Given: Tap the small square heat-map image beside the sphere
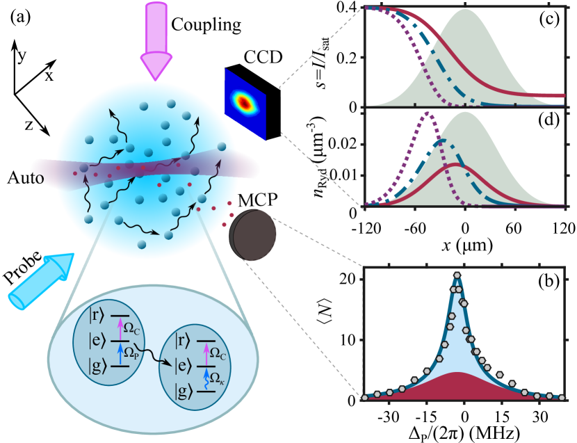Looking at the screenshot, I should pyautogui.click(x=245, y=104).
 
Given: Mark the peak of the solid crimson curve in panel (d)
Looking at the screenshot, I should pyautogui.click(x=453, y=164).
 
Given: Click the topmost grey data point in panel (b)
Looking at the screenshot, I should pyautogui.click(x=457, y=275).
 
